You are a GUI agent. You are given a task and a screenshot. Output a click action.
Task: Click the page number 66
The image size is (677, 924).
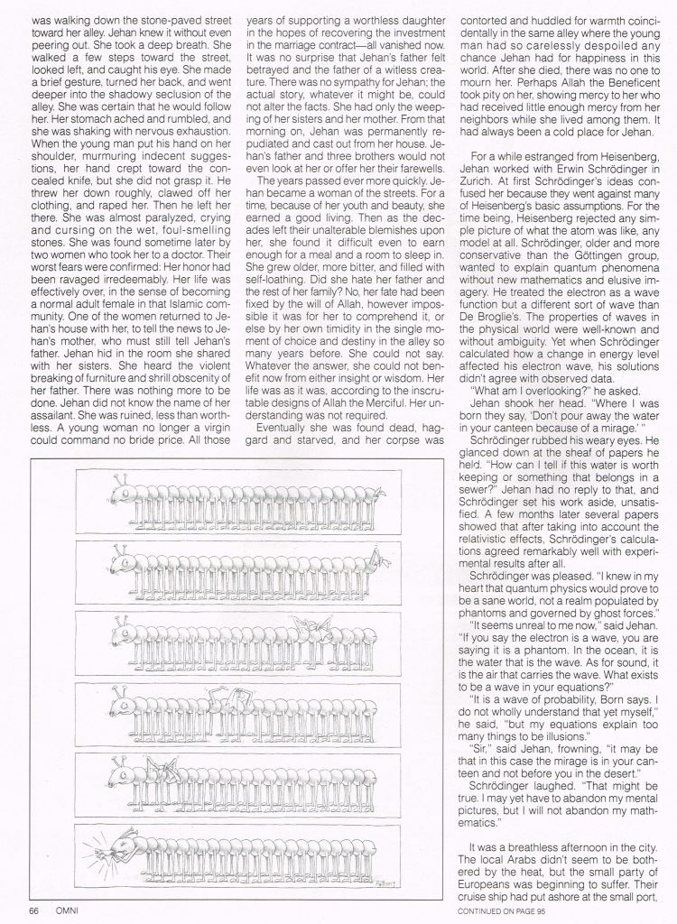click(33, 910)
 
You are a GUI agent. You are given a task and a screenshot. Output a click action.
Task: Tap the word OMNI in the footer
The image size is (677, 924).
click(66, 910)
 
